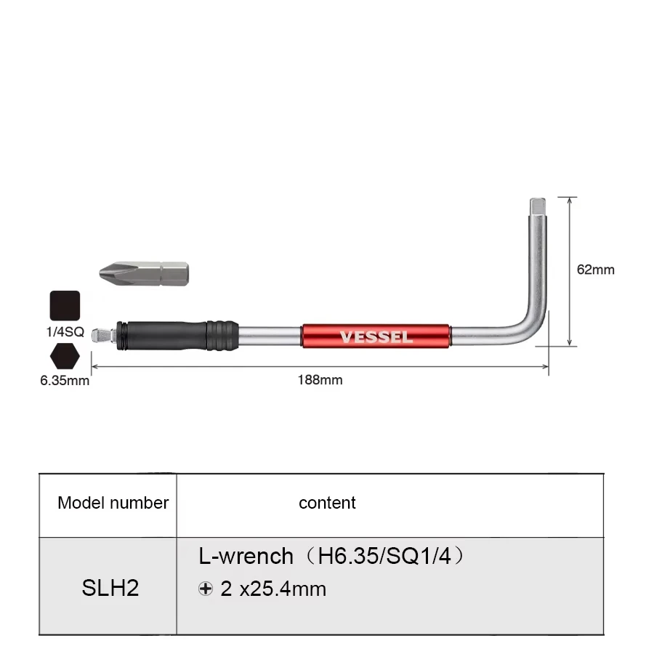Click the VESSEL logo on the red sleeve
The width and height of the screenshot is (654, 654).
[x=376, y=337]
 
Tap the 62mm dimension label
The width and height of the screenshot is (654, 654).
[x=595, y=270]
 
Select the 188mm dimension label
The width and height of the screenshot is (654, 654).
[x=320, y=379]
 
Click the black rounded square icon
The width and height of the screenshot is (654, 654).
[x=65, y=305]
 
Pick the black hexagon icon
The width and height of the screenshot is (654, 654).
[x=65, y=357]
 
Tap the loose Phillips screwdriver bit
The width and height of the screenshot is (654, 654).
[x=143, y=273]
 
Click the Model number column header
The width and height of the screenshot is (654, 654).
[x=113, y=503]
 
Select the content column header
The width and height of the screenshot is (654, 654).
[x=327, y=503]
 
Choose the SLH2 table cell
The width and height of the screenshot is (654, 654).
[x=110, y=588]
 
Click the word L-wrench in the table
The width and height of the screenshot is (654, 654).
[x=246, y=557]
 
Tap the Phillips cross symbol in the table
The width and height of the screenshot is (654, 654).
[x=206, y=589]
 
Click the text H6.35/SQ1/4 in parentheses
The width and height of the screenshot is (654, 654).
[x=384, y=557]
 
